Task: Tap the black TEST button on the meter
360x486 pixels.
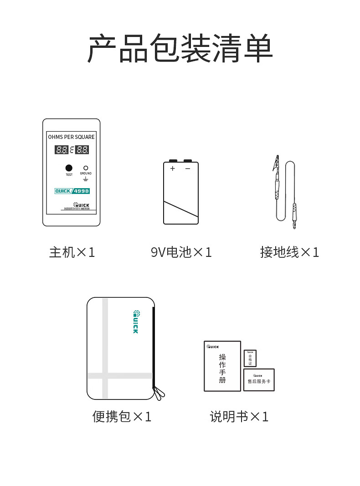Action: pos(69,168)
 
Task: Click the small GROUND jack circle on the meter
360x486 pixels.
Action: pos(86,168)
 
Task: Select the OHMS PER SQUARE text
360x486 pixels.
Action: pos(72,137)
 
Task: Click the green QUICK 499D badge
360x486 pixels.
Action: pos(72,191)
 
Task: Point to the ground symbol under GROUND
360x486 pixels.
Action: pos(86,179)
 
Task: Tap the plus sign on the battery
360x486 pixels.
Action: pos(173,169)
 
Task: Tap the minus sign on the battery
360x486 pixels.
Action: pos(188,169)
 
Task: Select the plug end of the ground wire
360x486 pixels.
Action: pos(294,216)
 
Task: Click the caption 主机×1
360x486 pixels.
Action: pos(72,252)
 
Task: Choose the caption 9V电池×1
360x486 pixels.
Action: pos(181,252)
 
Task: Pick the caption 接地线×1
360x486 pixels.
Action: pos(289,252)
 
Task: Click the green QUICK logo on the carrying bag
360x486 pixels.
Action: pos(136,322)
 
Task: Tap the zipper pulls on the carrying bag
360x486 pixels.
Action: pos(159,393)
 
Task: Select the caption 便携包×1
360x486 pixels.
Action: pos(122,417)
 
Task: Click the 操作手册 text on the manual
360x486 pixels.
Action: pos(222,368)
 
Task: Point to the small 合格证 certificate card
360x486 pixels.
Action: pos(250,358)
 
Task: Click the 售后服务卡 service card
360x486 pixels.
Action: pos(259,380)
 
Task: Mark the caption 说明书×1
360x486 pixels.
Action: pos(239,417)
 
